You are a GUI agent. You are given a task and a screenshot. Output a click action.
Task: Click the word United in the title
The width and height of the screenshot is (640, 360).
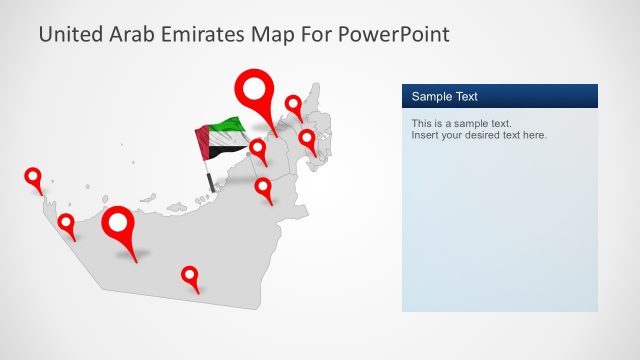pyautogui.click(x=69, y=34)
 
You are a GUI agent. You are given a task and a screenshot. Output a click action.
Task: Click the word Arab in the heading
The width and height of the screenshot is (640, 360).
pyautogui.click(x=129, y=34)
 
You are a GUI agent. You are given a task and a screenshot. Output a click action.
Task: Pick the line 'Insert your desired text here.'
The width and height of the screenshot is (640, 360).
pyautogui.click(x=479, y=135)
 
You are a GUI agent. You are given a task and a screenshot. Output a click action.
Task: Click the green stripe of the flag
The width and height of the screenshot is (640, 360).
pyautogui.click(x=224, y=126)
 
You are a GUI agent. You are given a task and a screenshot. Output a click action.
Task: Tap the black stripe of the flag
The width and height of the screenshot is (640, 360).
pyautogui.click(x=230, y=152)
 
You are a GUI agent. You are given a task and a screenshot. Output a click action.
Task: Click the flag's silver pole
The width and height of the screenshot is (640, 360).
pyautogui.click(x=209, y=178)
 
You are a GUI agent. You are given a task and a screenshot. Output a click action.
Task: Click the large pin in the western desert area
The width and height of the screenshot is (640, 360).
pyautogui.click(x=120, y=225)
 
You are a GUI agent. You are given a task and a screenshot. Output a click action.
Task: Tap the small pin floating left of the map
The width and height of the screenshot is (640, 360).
pyautogui.click(x=33, y=178)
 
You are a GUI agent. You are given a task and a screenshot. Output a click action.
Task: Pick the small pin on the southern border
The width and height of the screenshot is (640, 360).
pyautogui.click(x=189, y=275)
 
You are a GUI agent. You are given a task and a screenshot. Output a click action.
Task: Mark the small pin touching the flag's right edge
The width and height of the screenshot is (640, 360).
pyautogui.click(x=258, y=150)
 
